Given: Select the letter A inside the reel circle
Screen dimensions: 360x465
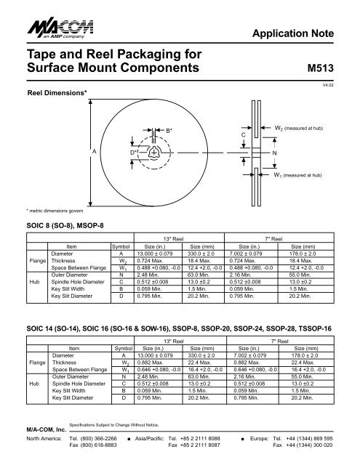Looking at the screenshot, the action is pos(93,151).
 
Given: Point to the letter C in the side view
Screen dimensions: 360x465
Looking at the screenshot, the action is pos(244,135).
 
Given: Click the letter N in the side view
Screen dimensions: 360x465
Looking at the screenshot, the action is pos(274,153).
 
